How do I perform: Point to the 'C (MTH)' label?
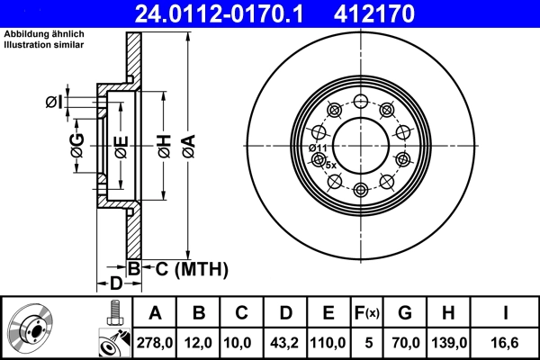tap(186, 269)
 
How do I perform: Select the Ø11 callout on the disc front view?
tap(317, 148)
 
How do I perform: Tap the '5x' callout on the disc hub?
tap(330, 165)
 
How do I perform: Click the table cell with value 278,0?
tap(156, 343)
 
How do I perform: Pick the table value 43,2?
tap(285, 343)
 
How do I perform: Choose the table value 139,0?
tap(449, 343)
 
